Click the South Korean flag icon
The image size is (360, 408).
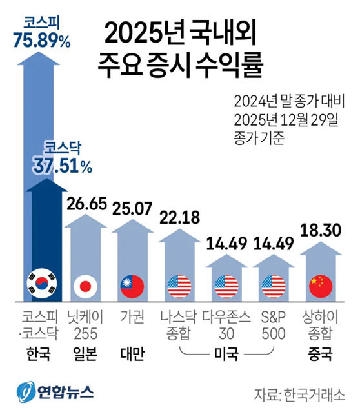(x=42, y=284)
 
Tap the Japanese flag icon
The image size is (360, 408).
(x=85, y=286)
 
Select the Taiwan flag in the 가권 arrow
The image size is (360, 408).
(x=132, y=286)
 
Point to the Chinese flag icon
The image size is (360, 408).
(x=321, y=286)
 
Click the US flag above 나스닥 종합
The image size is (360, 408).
(x=179, y=286)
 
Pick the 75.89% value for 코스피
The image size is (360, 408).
(x=42, y=41)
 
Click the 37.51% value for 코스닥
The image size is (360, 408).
(x=63, y=166)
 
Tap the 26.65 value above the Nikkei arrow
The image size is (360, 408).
(x=86, y=204)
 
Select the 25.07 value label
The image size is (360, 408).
(x=132, y=208)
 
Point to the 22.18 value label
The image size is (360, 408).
(x=180, y=217)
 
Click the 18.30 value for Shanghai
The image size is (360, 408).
(x=321, y=230)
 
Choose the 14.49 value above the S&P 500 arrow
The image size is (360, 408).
(x=274, y=244)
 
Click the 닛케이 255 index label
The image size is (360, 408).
(x=85, y=325)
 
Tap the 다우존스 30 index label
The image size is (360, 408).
(x=226, y=325)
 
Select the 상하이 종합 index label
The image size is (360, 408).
(x=321, y=325)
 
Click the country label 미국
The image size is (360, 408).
(x=226, y=354)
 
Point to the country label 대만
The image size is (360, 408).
(x=132, y=354)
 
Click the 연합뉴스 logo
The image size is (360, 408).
(x=55, y=392)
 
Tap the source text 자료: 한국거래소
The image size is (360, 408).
(x=299, y=395)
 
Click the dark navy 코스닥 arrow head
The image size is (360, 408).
(x=47, y=185)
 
